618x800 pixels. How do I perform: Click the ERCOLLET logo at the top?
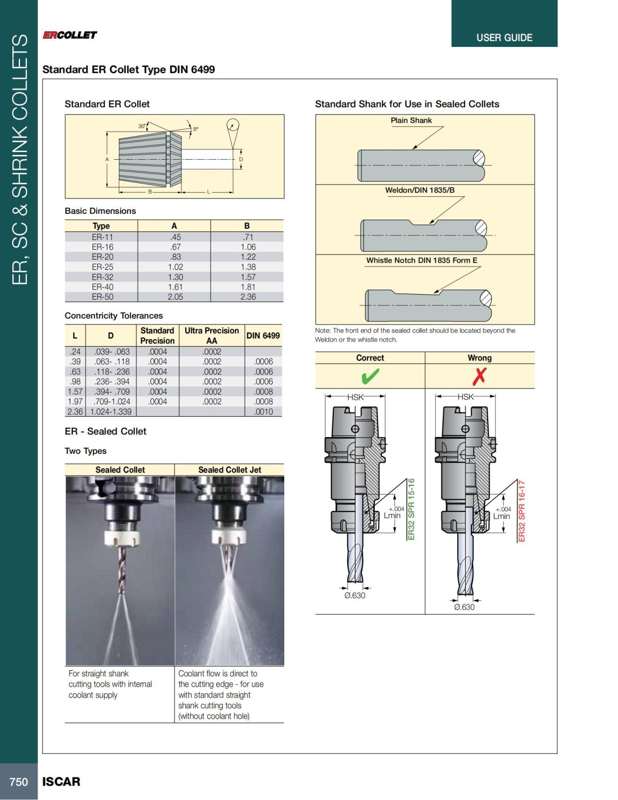click(x=70, y=35)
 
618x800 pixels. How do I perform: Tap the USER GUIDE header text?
click(x=504, y=38)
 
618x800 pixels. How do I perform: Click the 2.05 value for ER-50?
click(x=175, y=297)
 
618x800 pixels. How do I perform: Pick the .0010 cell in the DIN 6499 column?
click(x=263, y=412)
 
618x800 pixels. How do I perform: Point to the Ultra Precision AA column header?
click(x=212, y=335)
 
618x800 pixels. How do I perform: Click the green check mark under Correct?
click(x=370, y=377)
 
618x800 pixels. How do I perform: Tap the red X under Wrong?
click(x=479, y=377)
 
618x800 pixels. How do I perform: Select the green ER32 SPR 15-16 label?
click(x=411, y=509)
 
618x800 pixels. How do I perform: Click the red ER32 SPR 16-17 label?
click(x=522, y=510)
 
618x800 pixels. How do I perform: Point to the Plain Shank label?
click(x=411, y=121)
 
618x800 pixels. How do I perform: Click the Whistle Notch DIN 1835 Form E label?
click(x=422, y=260)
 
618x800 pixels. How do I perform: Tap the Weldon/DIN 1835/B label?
click(x=420, y=190)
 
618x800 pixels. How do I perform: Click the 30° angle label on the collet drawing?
click(x=142, y=126)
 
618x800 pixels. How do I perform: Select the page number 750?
click(x=19, y=782)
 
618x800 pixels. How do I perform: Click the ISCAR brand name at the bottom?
click(x=61, y=782)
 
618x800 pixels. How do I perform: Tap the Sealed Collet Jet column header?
click(x=229, y=470)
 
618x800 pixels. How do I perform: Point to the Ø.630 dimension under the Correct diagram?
click(x=354, y=595)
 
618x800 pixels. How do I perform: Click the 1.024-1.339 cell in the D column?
click(x=111, y=412)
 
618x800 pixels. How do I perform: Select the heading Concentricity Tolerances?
click(x=113, y=316)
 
